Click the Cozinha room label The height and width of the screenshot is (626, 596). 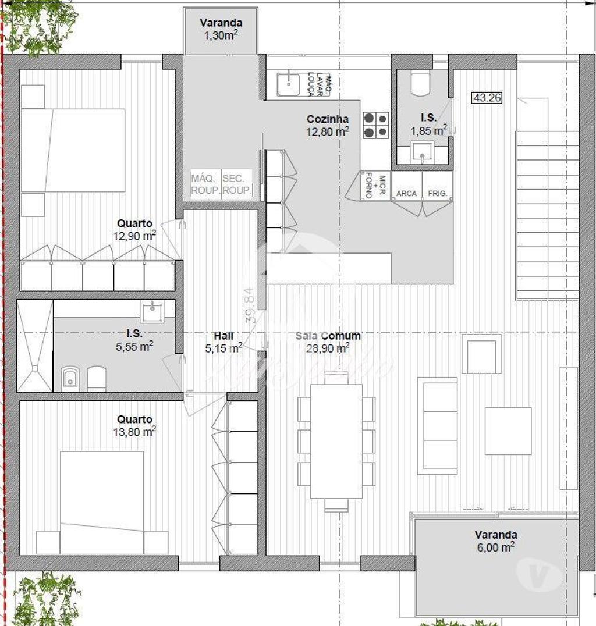pos(328,119)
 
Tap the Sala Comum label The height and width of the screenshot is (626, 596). pos(328,336)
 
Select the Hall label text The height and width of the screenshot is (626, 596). pos(223,336)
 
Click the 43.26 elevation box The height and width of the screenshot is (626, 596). pos(487,98)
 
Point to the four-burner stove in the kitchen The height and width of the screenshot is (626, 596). pos(375,125)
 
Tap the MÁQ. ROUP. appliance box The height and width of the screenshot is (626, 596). pos(205,184)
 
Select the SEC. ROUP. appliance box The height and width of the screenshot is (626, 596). pos(237,184)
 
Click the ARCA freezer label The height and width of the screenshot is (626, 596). pos(406,193)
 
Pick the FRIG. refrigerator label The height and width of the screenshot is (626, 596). pos(438,193)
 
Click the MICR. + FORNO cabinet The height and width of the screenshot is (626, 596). pos(375,186)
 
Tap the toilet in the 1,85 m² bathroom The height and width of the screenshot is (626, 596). pos(420,83)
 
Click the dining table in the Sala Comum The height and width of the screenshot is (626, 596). pos(336,441)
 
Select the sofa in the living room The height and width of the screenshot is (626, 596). pos(437,425)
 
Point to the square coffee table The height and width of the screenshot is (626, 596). pos(508,431)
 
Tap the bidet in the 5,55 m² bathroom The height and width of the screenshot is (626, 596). pos(70,379)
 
